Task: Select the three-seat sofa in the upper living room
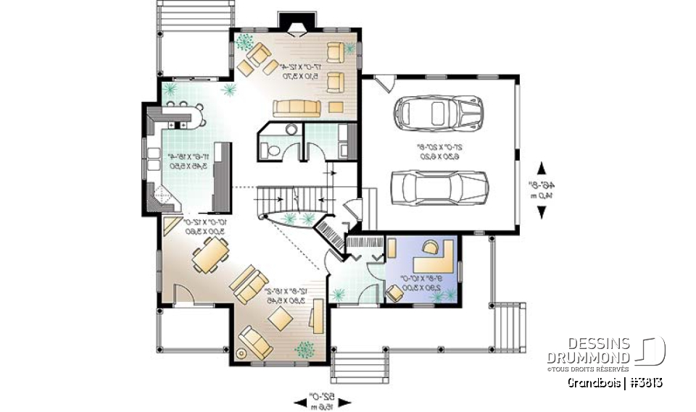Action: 297,108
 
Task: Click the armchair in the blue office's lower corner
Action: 395,292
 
